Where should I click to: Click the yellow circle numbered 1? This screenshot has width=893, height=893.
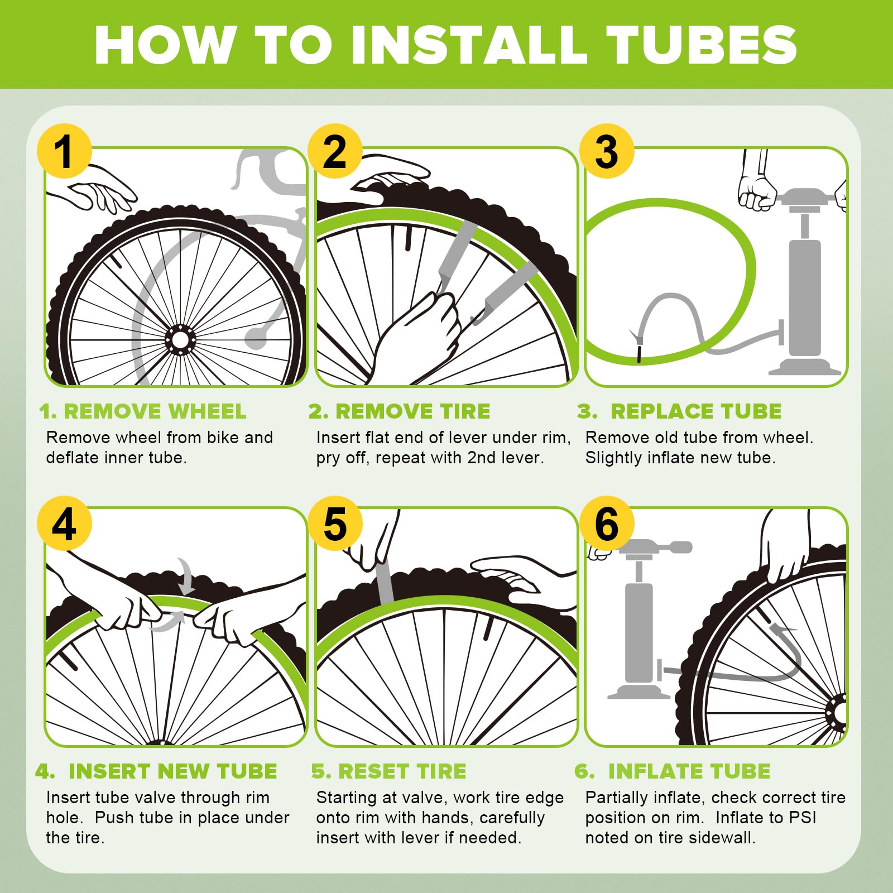tap(64, 151)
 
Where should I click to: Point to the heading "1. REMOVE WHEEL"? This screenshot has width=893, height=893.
tap(143, 411)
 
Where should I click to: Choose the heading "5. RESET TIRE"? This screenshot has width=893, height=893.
tap(389, 771)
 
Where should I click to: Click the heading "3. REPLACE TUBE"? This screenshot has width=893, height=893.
tap(679, 411)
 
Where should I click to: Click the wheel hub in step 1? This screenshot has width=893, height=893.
tap(180, 339)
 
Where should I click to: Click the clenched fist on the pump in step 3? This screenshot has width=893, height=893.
tap(757, 193)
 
